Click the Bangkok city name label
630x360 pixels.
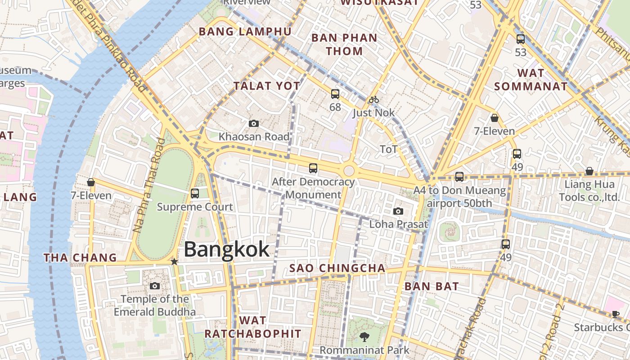[x=226, y=249]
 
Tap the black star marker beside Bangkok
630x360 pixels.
[x=174, y=261]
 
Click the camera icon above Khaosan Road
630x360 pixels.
[x=254, y=123]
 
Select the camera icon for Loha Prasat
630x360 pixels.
[x=398, y=211]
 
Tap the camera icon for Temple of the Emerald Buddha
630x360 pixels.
[x=154, y=286]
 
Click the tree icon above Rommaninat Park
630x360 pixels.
[x=364, y=337]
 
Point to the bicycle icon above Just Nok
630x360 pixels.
[x=373, y=99]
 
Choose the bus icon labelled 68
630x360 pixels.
[x=335, y=94]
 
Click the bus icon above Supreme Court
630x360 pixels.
[x=195, y=193]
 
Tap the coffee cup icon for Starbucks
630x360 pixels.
[x=615, y=314]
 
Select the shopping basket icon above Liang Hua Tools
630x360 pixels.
[x=589, y=171]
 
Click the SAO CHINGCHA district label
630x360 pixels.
[x=337, y=269]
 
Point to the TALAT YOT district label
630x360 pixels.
[x=266, y=86]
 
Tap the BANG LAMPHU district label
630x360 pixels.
[x=245, y=31]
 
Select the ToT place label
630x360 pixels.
[x=389, y=149]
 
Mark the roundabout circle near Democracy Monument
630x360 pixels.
[x=349, y=171]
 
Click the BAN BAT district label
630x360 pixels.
[x=431, y=286]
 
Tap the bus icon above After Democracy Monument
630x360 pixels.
[x=313, y=168]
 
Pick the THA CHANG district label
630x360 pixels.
[x=80, y=258]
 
